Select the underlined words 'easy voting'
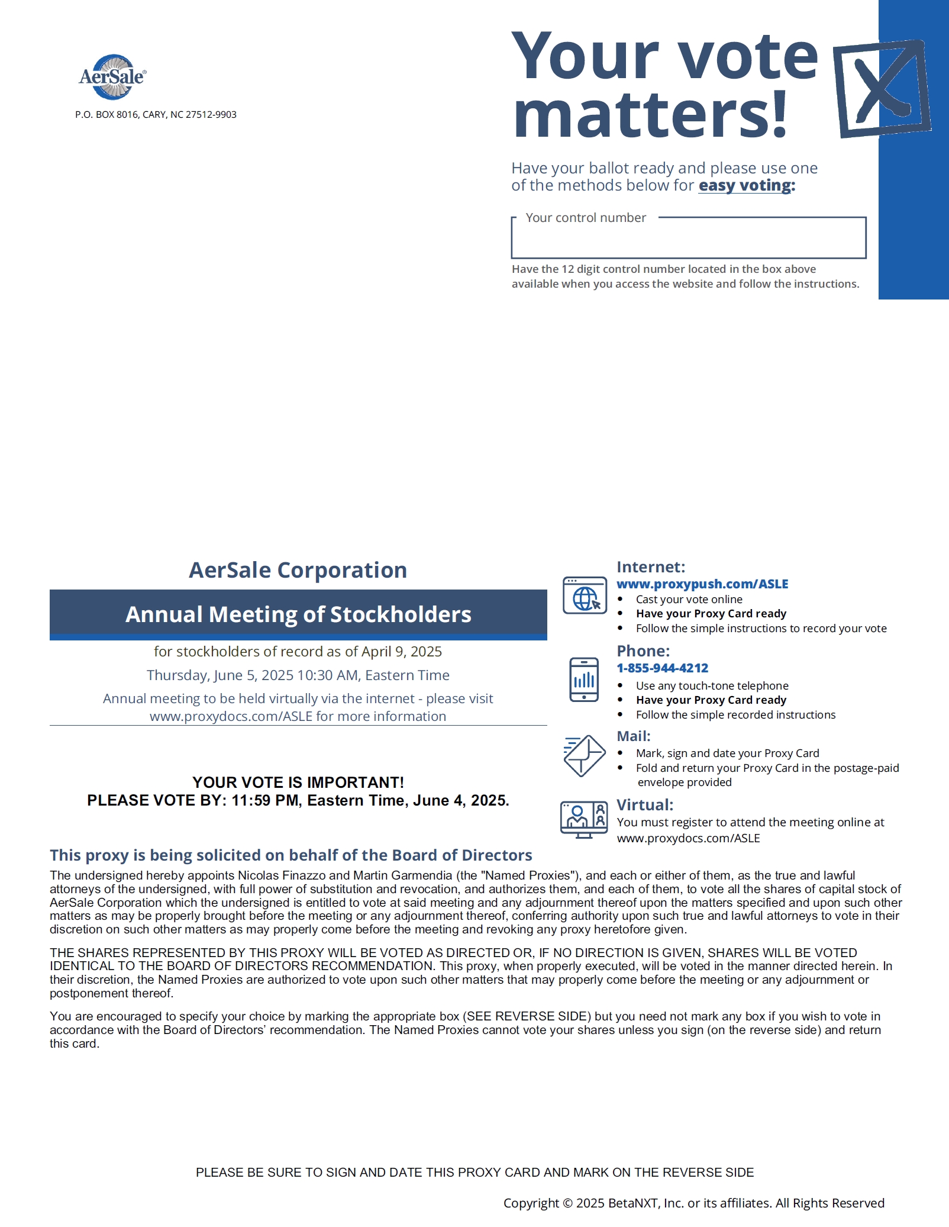click(x=744, y=186)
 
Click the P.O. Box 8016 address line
click(x=156, y=115)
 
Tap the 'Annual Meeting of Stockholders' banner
click(x=298, y=614)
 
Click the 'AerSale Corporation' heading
click(x=298, y=570)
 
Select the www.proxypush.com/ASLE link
click(x=702, y=584)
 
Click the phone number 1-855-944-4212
click(x=662, y=668)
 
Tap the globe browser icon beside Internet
click(x=585, y=595)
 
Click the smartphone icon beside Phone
click(x=584, y=679)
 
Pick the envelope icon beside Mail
click(x=584, y=755)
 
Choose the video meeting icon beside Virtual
click(x=584, y=819)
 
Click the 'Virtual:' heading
click(x=645, y=805)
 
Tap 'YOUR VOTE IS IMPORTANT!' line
click(x=298, y=782)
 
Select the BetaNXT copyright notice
click(x=693, y=1203)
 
